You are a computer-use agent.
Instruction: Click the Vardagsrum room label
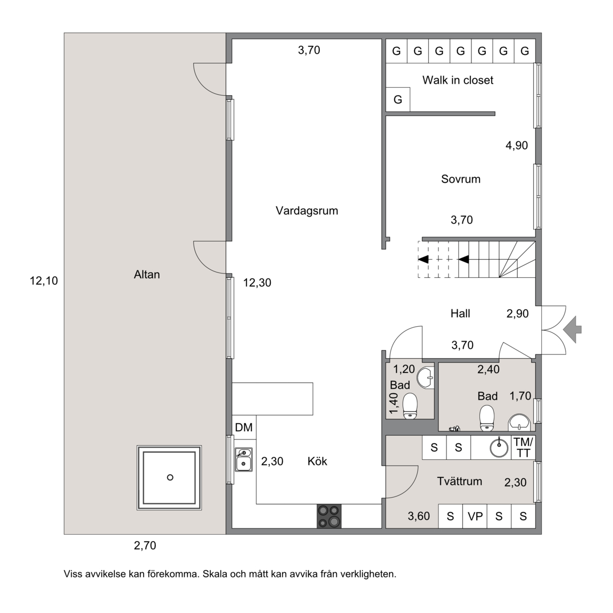pyautogui.click(x=306, y=211)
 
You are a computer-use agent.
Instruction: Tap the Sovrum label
pyautogui.click(x=460, y=179)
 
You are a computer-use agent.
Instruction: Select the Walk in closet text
pyautogui.click(x=458, y=80)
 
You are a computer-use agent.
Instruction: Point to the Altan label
pyautogui.click(x=147, y=275)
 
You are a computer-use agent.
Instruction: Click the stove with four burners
pyautogui.click(x=329, y=516)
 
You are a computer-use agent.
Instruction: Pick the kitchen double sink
pyautogui.click(x=243, y=460)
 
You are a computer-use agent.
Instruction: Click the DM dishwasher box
pyautogui.click(x=244, y=427)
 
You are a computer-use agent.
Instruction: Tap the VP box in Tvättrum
pyautogui.click(x=475, y=516)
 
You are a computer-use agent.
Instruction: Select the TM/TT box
pyautogui.click(x=523, y=448)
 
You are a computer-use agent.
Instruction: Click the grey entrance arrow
pyautogui.click(x=573, y=329)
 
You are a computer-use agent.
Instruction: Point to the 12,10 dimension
pyautogui.click(x=44, y=281)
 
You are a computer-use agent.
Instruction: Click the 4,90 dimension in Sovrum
pyautogui.click(x=517, y=145)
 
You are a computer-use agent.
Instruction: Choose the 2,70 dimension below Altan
pyautogui.click(x=145, y=545)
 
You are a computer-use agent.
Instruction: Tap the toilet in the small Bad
pyautogui.click(x=410, y=405)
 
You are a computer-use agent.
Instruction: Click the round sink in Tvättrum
pyautogui.click(x=499, y=448)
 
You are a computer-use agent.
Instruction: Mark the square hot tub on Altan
pyautogui.click(x=169, y=478)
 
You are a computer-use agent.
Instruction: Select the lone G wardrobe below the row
pyautogui.click(x=398, y=100)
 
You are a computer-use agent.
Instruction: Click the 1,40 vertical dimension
pyautogui.click(x=394, y=403)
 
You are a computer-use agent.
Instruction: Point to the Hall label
pyautogui.click(x=460, y=313)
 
